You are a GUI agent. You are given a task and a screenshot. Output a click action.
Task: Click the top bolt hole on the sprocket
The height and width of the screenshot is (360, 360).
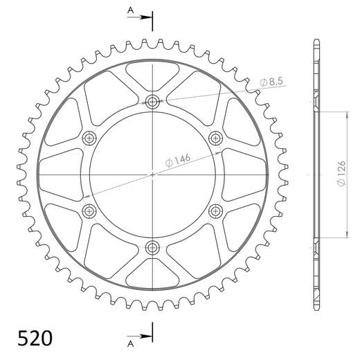tap(152, 102)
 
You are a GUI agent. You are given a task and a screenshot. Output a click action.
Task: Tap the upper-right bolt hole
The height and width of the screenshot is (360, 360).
tap(215, 138)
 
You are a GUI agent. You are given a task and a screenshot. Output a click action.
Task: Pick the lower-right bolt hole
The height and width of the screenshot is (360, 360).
tap(215, 210)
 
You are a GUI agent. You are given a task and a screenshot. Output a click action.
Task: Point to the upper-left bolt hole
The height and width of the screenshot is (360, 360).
tap(89, 138)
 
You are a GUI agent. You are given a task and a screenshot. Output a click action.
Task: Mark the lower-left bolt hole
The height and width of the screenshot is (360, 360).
tap(89, 210)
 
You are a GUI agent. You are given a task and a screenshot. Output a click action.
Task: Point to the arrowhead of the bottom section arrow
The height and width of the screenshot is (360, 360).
tap(148, 337)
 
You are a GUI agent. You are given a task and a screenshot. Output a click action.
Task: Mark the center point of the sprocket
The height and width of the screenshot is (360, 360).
tap(152, 174)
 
